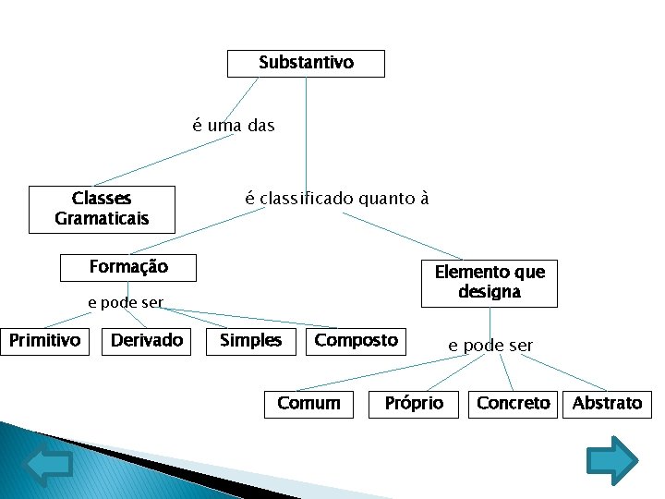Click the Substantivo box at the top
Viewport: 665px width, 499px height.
click(x=306, y=63)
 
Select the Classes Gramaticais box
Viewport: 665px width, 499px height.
click(x=102, y=209)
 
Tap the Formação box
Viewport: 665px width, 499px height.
click(x=128, y=267)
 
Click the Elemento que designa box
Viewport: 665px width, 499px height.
click(x=490, y=282)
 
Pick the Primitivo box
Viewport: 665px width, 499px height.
click(x=44, y=341)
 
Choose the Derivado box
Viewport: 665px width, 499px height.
click(x=147, y=341)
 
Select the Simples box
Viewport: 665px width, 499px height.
click(x=250, y=341)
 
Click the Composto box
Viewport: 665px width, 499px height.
click(x=356, y=341)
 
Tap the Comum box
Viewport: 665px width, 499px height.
click(x=308, y=403)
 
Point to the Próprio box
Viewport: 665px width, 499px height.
click(x=414, y=403)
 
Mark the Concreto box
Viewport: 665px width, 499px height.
click(x=513, y=403)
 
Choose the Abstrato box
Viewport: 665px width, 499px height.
click(x=607, y=403)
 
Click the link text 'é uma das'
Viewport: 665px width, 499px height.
click(x=234, y=125)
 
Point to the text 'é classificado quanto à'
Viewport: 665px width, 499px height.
click(x=336, y=198)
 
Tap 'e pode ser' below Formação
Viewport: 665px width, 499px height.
click(x=126, y=302)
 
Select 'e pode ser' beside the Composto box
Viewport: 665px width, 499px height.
click(x=490, y=346)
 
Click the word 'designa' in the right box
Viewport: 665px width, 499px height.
click(x=490, y=292)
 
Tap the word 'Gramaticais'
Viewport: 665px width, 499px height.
click(x=102, y=219)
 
